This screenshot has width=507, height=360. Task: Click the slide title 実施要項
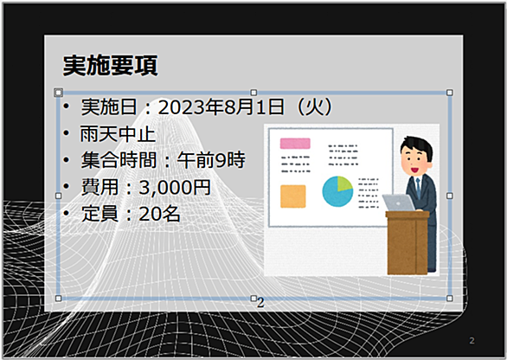pos(110,66)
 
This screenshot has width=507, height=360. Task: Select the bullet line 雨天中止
pos(118,134)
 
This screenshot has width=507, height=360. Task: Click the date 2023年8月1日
pos(221,107)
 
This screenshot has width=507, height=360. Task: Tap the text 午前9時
pos(211,160)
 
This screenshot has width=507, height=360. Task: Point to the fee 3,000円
pos(175,187)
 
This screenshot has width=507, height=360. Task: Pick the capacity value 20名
pos(159,214)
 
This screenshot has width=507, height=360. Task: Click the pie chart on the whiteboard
pos(337,191)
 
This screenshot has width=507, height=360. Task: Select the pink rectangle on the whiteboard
pos(295,144)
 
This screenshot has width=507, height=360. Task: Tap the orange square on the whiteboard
pos(293,196)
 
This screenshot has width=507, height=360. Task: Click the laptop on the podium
pos(399,202)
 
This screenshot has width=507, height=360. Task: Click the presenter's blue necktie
pos(418,187)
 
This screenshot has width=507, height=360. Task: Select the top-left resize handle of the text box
pos(58,93)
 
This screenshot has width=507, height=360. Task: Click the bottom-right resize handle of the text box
pos(449,299)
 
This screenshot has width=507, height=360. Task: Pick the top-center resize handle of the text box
pos(253,93)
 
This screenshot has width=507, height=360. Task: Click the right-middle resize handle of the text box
pos(449,196)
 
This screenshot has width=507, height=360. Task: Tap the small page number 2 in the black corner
pos(472,341)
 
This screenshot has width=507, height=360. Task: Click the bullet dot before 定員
pos(67,213)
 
